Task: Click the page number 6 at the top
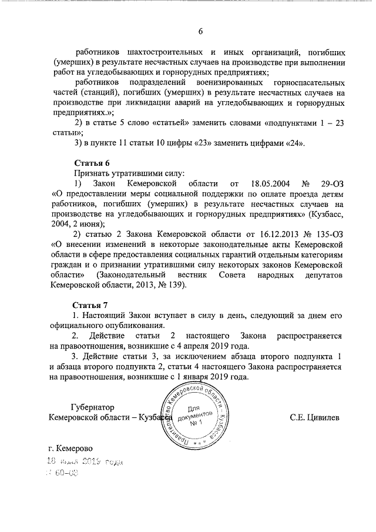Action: pyautogui.click(x=199, y=31)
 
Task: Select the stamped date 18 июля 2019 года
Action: pyautogui.click(x=86, y=462)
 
